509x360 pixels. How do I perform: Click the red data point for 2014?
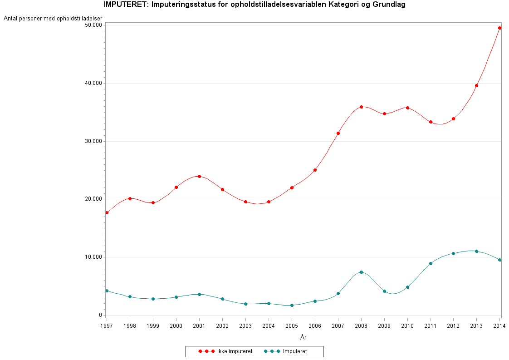pyautogui.click(x=499, y=28)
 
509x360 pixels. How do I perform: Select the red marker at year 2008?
pyautogui.click(x=361, y=107)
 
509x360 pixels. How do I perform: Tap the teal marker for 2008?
pyautogui.click(x=361, y=272)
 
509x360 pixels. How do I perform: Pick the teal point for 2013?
pyautogui.click(x=476, y=251)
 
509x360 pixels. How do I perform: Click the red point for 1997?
pyautogui.click(x=107, y=212)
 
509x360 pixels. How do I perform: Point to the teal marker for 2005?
pyautogui.click(x=292, y=305)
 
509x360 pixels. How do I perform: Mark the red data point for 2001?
pyautogui.click(x=199, y=176)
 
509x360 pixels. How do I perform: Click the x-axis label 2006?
pyautogui.click(x=315, y=326)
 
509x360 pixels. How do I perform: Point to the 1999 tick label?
pyautogui.click(x=153, y=326)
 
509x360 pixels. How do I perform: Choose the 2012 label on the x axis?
pyautogui.click(x=453, y=326)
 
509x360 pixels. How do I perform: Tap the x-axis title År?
pyautogui.click(x=303, y=337)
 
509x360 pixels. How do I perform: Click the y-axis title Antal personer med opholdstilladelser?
pyautogui.click(x=53, y=19)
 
